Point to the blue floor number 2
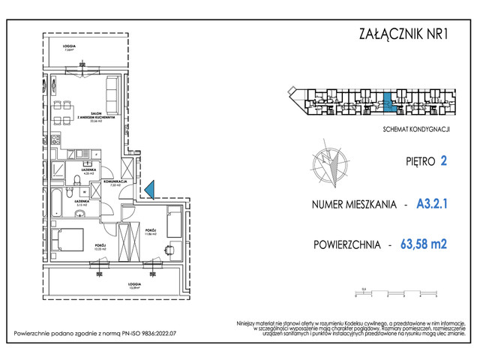[x=444, y=160]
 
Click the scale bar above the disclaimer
[x=397, y=293]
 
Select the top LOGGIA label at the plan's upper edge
[x=68, y=46]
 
